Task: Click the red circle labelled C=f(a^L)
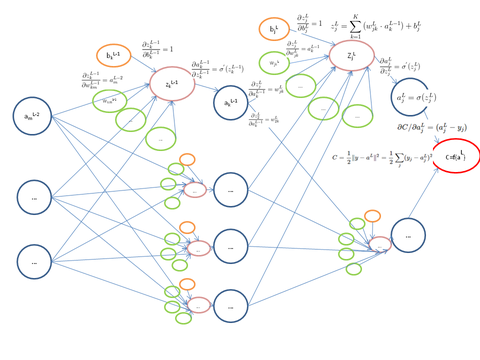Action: [456, 156]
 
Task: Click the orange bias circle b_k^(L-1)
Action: [113, 56]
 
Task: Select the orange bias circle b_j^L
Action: [274, 29]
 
